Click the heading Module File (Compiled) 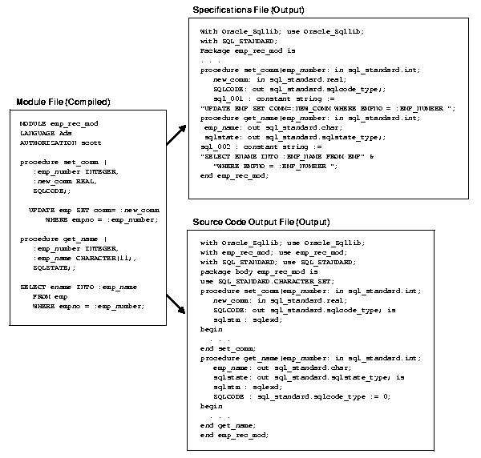[x=63, y=103]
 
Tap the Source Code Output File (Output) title [x=261, y=221]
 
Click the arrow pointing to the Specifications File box [x=177, y=134]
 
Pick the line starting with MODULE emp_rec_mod [x=59, y=123]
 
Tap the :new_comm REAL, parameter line [x=61, y=181]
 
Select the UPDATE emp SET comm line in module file [x=88, y=209]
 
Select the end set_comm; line [x=228, y=348]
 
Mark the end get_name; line [x=228, y=425]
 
